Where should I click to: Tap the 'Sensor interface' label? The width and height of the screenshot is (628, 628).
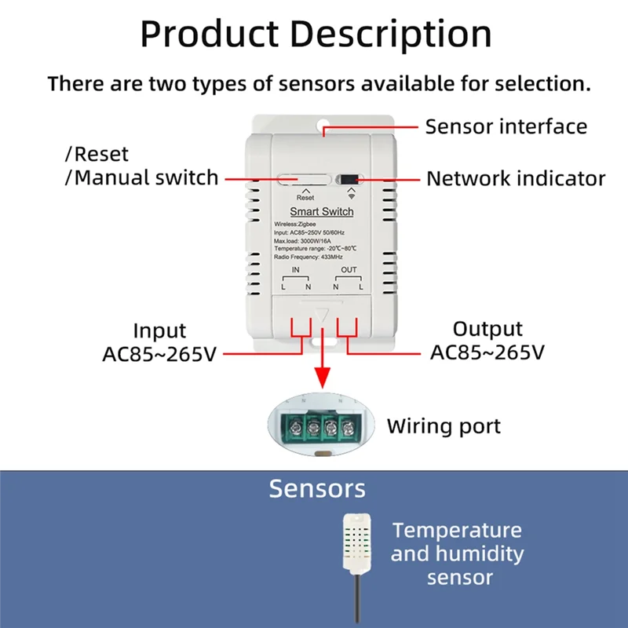(506, 126)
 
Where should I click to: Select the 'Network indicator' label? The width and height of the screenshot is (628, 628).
(516, 179)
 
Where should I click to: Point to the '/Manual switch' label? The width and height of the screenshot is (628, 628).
(141, 177)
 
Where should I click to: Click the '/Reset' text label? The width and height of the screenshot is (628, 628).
(96, 154)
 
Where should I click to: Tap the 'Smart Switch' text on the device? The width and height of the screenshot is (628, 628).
(322, 212)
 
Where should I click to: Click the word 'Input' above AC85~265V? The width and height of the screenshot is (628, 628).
(159, 330)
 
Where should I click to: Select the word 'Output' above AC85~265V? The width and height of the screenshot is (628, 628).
(487, 329)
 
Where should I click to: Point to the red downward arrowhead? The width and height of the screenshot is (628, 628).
(322, 382)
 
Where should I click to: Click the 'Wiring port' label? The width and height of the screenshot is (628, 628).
(444, 427)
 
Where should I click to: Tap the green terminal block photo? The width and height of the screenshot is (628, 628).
(322, 427)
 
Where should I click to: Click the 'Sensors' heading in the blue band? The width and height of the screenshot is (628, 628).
(317, 488)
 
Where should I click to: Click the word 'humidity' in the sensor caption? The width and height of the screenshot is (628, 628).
(480, 553)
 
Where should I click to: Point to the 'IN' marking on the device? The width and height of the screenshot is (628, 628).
(296, 270)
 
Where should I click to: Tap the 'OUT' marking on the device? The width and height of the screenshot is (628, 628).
(349, 270)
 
